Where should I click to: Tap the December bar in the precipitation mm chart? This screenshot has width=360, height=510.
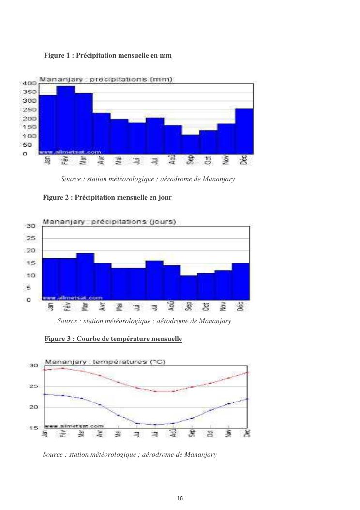click(244, 131)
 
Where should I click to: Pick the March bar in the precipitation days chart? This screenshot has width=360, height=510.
click(85, 276)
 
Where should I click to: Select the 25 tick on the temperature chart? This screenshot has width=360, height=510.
click(34, 386)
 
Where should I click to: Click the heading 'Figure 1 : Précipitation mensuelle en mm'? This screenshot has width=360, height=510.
click(108, 56)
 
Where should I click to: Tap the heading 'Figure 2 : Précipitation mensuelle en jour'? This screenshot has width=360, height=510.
click(107, 198)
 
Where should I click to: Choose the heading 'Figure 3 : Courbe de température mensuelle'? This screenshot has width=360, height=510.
click(113, 339)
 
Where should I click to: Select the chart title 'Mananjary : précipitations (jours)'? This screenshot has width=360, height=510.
click(109, 222)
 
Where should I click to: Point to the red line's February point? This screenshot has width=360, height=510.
click(63, 368)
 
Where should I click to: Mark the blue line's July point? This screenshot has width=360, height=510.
click(155, 425)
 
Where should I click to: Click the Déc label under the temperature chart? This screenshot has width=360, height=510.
click(247, 433)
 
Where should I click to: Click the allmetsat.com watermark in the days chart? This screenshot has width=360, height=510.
click(73, 297)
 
